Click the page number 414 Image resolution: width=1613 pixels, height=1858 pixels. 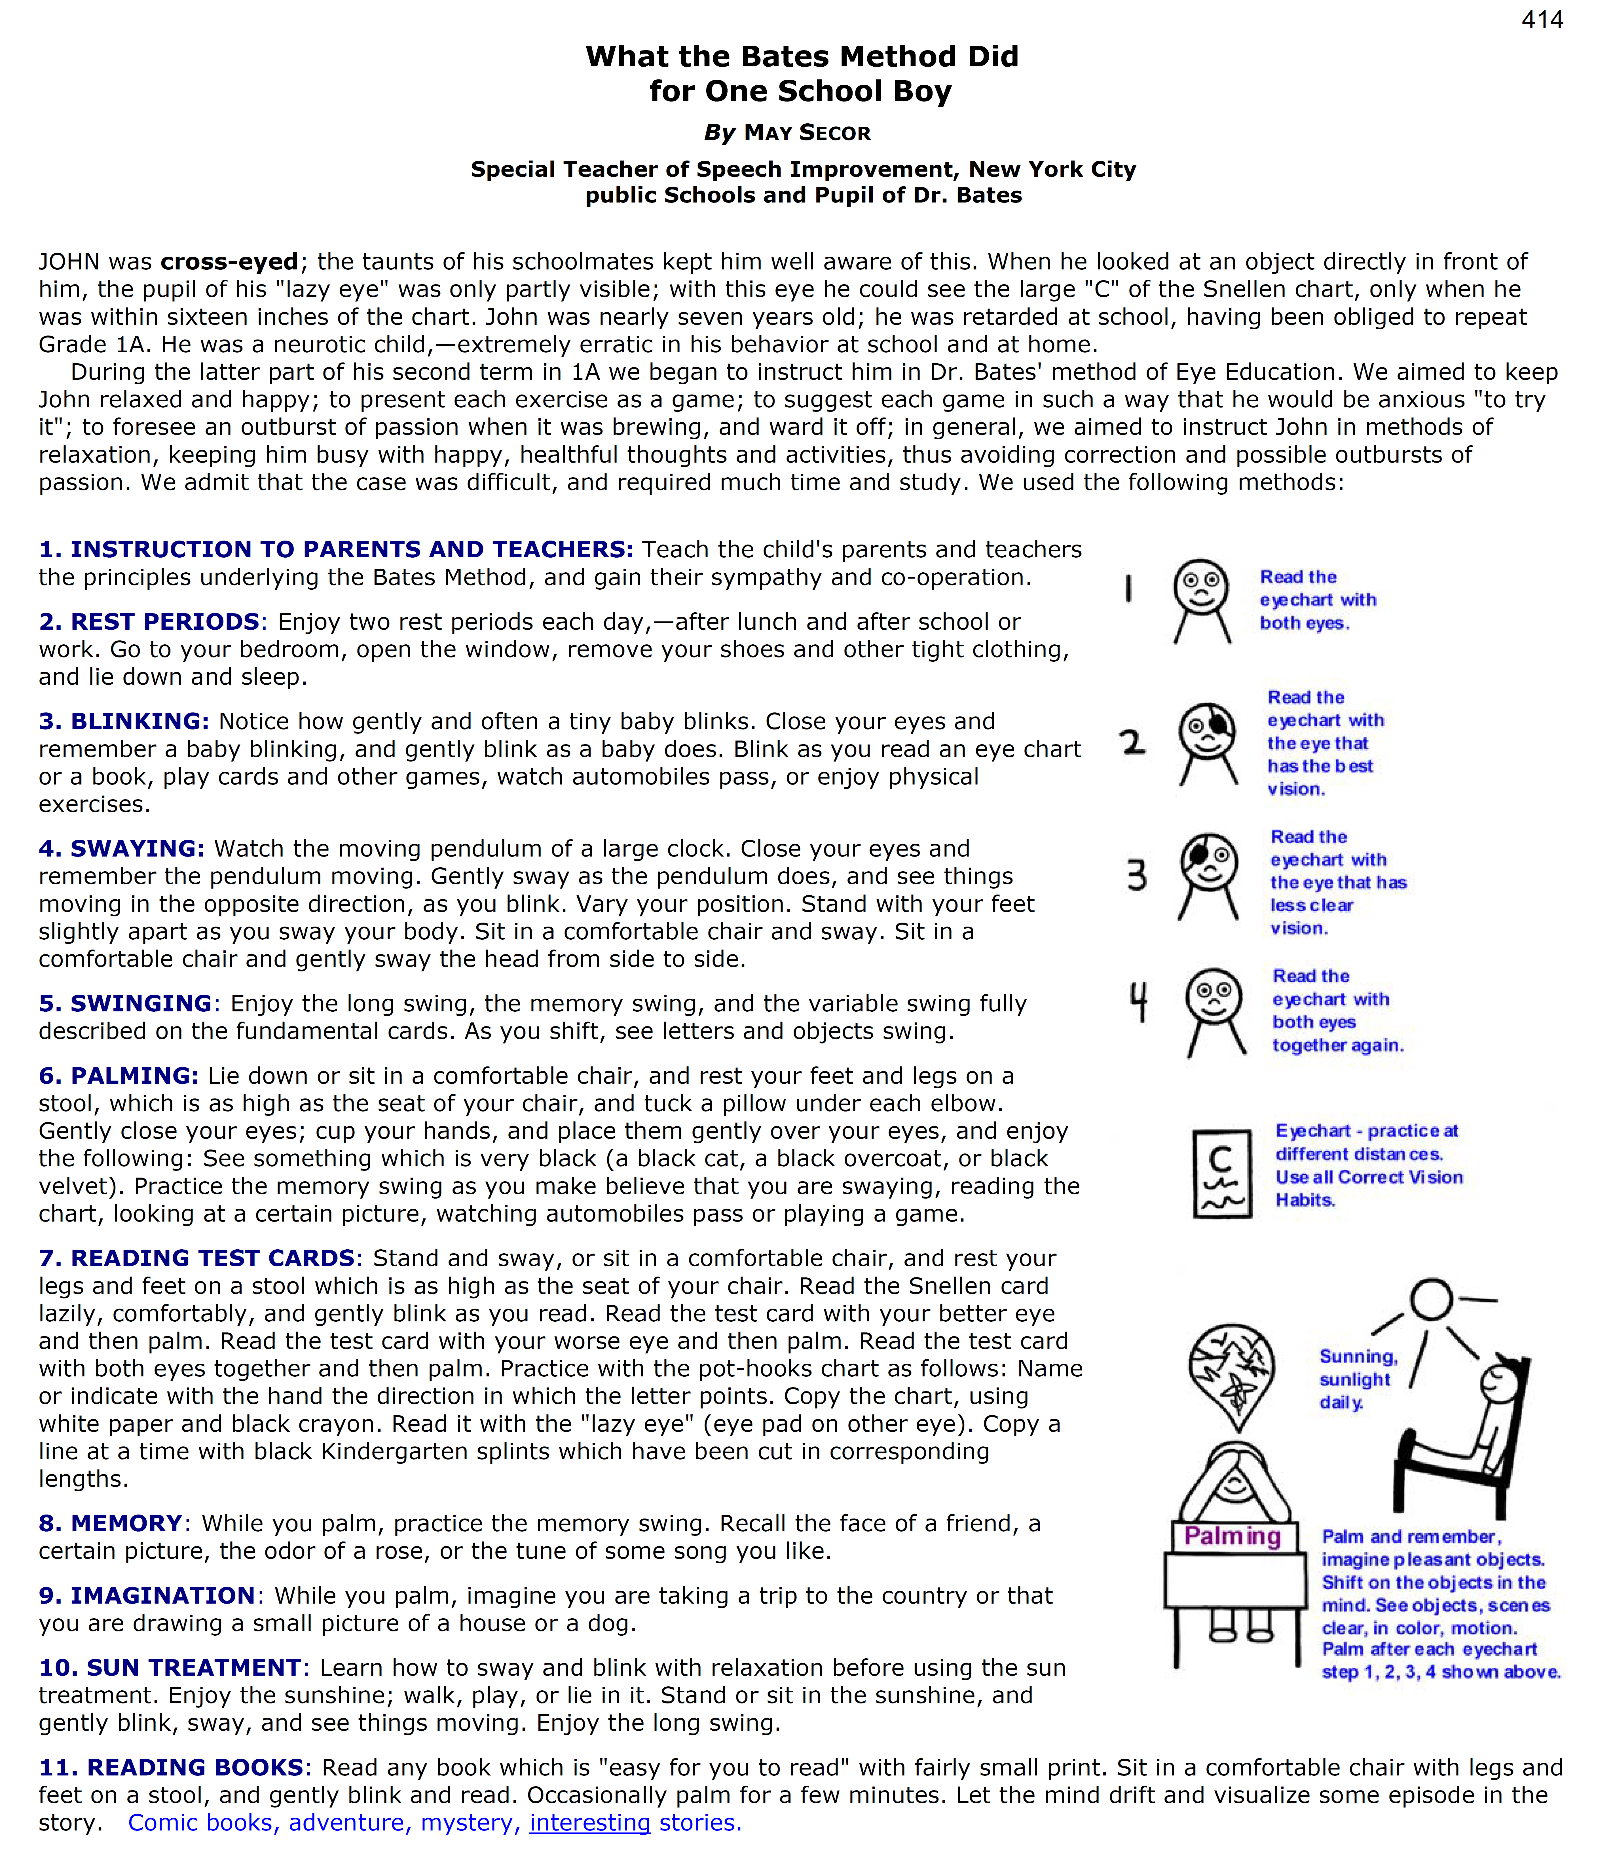tap(1542, 20)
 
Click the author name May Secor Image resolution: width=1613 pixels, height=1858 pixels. tap(806, 133)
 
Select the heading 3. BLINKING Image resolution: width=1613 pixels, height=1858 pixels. tap(124, 722)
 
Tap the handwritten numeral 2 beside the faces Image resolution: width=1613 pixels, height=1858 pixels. tap(1132, 742)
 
